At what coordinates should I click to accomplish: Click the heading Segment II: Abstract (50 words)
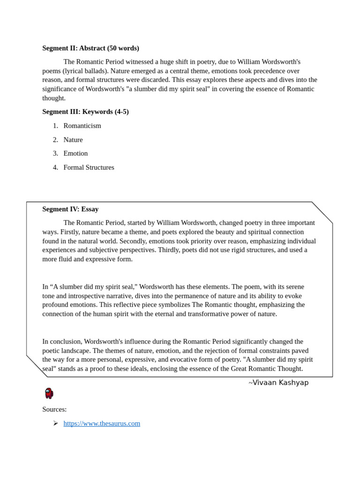[90, 48]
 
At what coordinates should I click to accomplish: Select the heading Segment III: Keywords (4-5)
[85, 112]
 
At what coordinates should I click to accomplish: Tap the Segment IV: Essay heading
[70, 209]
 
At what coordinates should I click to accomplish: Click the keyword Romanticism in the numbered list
[82, 126]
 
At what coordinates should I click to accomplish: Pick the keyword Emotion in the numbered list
[75, 153]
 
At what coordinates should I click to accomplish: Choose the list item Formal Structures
[89, 167]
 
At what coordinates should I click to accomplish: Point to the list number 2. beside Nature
[55, 140]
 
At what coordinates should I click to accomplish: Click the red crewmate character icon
[49, 393]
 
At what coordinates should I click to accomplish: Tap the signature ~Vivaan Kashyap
[278, 382]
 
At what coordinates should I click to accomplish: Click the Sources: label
[54, 409]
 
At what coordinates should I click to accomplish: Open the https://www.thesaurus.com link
[102, 423]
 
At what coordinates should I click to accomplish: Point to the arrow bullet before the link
[55, 423]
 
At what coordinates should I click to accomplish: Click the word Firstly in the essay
[67, 232]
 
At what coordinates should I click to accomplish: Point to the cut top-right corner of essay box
[322, 212]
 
